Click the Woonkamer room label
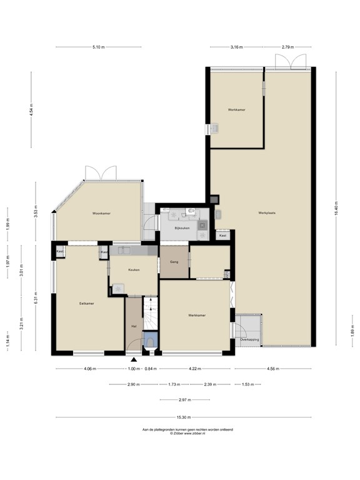(101, 214)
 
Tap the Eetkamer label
(78, 303)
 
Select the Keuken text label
(133, 269)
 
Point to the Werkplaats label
(267, 213)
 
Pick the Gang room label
(174, 262)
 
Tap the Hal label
(134, 326)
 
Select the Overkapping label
(249, 339)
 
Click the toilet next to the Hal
(150, 341)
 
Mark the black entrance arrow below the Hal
(134, 360)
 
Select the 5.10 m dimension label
(98, 47)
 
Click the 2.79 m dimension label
(287, 47)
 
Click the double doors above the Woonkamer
(101, 173)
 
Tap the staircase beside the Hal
(151, 313)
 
